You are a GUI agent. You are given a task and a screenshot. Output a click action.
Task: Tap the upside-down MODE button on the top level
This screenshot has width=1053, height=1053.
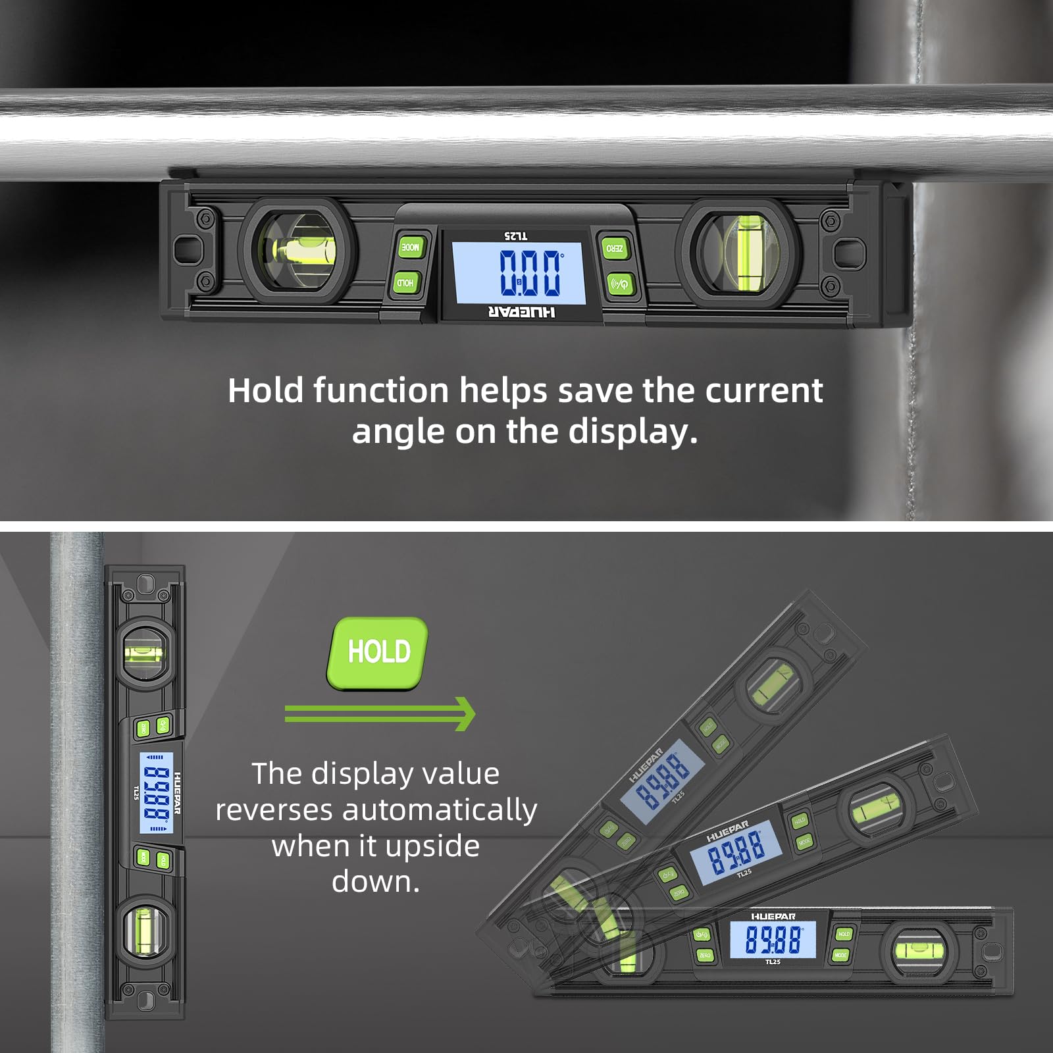point(410,247)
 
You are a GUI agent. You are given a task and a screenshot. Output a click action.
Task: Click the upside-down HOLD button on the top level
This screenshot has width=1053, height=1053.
point(406,283)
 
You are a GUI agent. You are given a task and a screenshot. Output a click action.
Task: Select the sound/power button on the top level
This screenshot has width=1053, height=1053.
point(619,284)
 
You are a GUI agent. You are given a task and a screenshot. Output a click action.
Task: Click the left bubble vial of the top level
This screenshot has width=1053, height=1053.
point(298,251)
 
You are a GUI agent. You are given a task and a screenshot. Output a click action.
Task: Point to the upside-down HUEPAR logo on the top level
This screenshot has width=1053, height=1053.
point(521,312)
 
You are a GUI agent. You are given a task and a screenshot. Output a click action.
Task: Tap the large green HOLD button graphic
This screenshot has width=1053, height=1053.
point(378,652)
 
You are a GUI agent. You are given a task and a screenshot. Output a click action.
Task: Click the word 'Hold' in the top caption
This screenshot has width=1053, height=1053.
point(265,390)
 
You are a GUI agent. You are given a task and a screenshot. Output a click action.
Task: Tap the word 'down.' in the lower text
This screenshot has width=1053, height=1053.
point(375,882)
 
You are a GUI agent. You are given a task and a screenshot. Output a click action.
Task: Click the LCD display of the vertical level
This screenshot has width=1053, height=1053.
point(157,792)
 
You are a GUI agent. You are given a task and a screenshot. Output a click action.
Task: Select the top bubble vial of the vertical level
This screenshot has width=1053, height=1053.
point(145,653)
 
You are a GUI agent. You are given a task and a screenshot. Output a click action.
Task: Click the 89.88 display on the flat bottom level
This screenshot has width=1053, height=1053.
point(773,939)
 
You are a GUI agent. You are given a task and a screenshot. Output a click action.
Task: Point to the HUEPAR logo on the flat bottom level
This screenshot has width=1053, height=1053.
point(773,916)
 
